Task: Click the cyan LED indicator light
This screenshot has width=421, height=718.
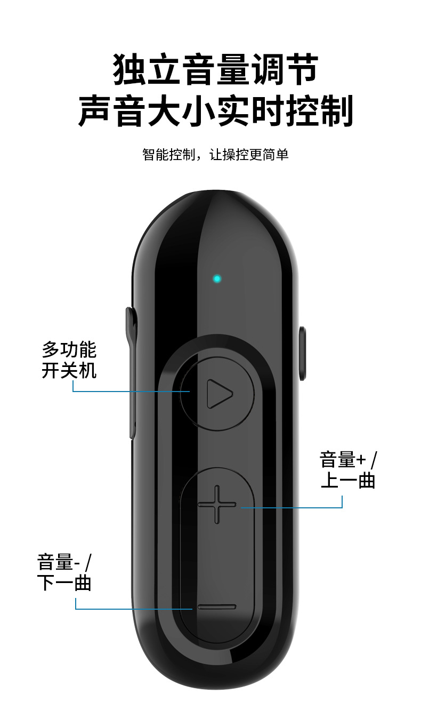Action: click(216, 278)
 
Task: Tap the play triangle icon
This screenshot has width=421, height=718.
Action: click(219, 394)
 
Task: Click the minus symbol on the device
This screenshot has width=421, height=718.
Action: click(216, 607)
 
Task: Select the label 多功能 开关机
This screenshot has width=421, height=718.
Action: click(69, 360)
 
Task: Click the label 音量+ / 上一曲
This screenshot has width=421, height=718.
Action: click(348, 470)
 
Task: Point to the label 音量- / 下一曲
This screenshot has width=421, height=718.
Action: click(64, 572)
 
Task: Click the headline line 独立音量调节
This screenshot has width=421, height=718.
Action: click(215, 69)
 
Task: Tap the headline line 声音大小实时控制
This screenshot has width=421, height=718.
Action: click(216, 110)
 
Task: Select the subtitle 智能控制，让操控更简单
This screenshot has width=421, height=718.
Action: click(215, 155)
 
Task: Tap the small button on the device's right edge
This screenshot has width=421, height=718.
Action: click(303, 353)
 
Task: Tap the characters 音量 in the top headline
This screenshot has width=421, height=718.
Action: click(215, 69)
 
